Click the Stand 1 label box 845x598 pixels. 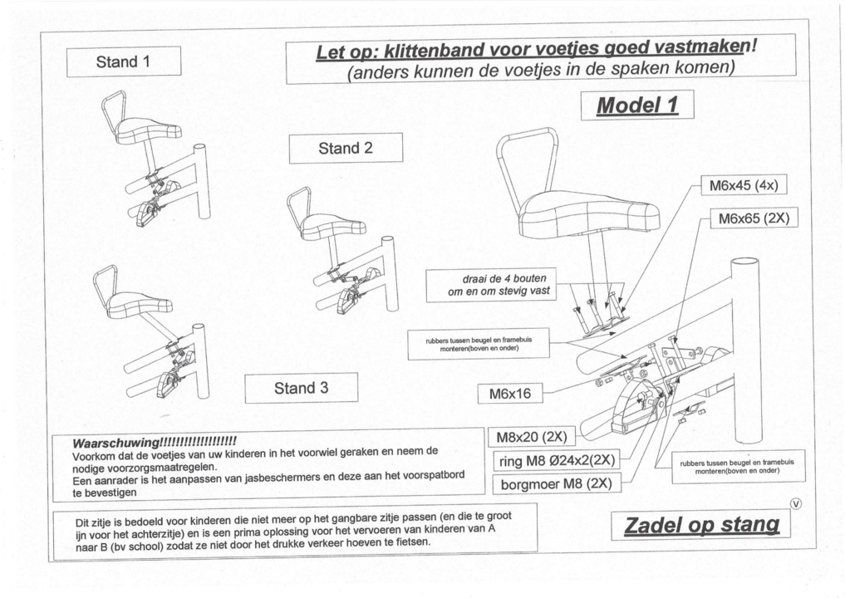124,62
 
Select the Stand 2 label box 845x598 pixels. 346,149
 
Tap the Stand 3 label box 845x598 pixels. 301,389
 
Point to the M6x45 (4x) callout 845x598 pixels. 743,185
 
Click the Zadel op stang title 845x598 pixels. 701,526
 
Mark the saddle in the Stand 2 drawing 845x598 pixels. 332,226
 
